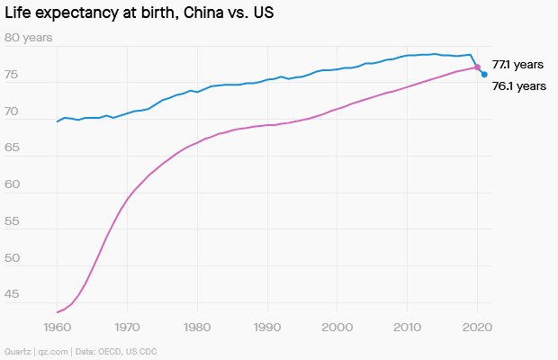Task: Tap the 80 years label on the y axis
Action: (29, 38)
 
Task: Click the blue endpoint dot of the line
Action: (484, 75)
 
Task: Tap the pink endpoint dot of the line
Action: (478, 67)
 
